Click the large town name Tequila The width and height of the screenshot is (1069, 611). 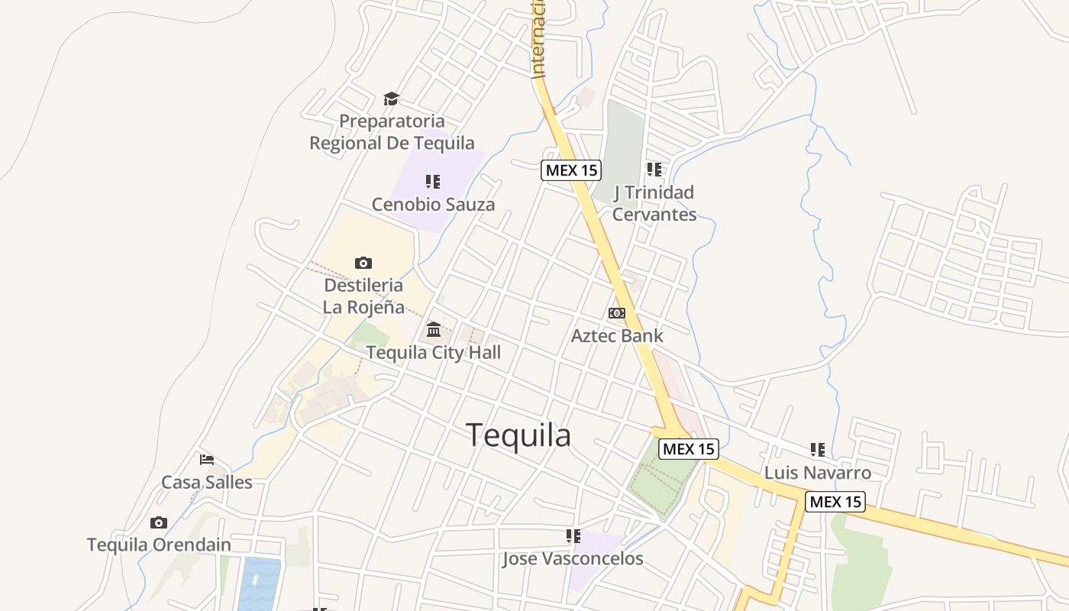pyautogui.click(x=518, y=435)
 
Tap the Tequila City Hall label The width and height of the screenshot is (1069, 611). pyautogui.click(x=434, y=352)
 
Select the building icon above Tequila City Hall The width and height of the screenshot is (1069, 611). pyautogui.click(x=434, y=329)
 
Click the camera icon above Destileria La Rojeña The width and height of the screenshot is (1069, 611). pyautogui.click(x=363, y=263)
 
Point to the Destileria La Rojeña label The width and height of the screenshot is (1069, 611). pyautogui.click(x=363, y=296)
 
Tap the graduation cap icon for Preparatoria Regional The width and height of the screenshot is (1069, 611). pyautogui.click(x=391, y=99)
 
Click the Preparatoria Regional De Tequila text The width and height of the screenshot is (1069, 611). pyautogui.click(x=392, y=132)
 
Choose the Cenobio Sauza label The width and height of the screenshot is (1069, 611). pyautogui.click(x=433, y=204)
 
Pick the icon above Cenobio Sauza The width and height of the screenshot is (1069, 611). pyautogui.click(x=433, y=181)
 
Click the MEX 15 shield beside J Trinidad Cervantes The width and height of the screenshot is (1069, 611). pyautogui.click(x=571, y=170)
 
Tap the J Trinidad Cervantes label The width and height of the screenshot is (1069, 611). pyautogui.click(x=654, y=203)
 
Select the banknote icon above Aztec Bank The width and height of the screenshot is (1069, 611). pyautogui.click(x=617, y=313)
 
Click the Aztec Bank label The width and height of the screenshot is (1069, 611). pyautogui.click(x=617, y=335)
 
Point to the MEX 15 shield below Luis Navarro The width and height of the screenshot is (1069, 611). pyautogui.click(x=835, y=502)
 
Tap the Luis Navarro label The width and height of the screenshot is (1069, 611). pyautogui.click(x=818, y=473)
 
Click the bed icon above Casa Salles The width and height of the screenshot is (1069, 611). pyautogui.click(x=207, y=459)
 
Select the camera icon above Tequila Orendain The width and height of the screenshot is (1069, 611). pyautogui.click(x=159, y=522)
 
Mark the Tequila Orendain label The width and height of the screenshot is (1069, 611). pyautogui.click(x=159, y=545)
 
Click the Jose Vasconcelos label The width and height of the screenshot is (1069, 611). pyautogui.click(x=573, y=558)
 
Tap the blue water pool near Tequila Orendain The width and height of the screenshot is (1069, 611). pyautogui.click(x=260, y=584)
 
